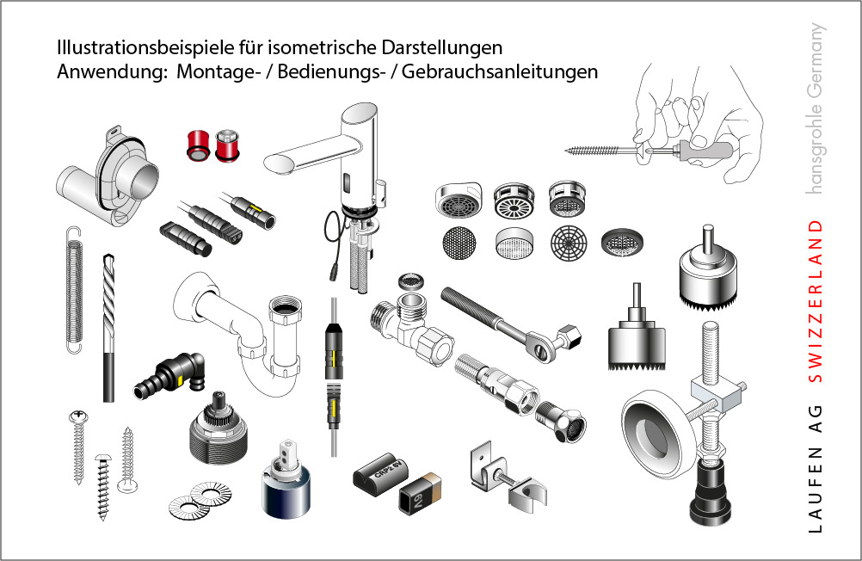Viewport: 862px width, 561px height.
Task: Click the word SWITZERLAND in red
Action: [816, 301]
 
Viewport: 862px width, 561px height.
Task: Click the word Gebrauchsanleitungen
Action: [500, 72]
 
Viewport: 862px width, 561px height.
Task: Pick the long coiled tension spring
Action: [74, 289]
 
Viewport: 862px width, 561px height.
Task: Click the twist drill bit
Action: [109, 328]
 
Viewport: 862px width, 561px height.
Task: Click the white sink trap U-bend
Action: [242, 330]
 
